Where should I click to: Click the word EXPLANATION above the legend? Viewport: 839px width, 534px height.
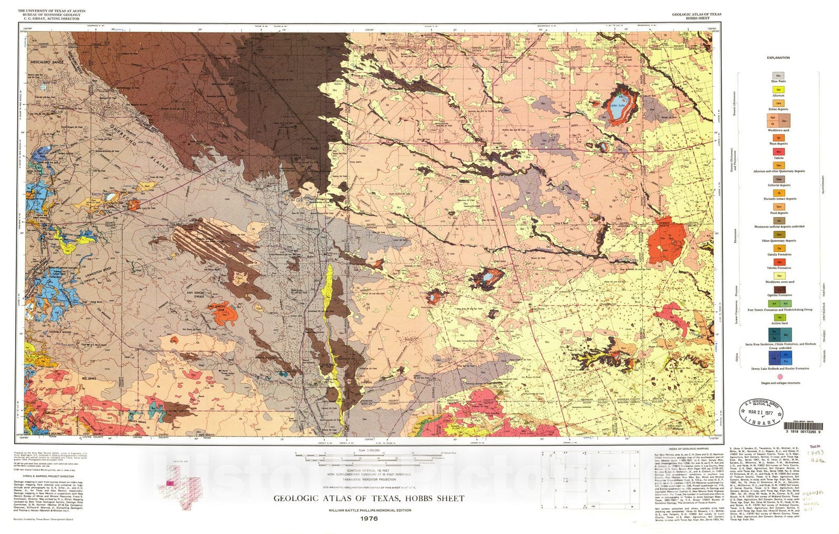pyautogui.click(x=778, y=58)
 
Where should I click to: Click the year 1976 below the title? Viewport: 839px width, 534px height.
pyautogui.click(x=369, y=519)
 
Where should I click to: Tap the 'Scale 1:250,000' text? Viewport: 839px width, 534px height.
pyautogui.click(x=369, y=451)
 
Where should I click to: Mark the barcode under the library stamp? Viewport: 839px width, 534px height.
pyautogui.click(x=800, y=426)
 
